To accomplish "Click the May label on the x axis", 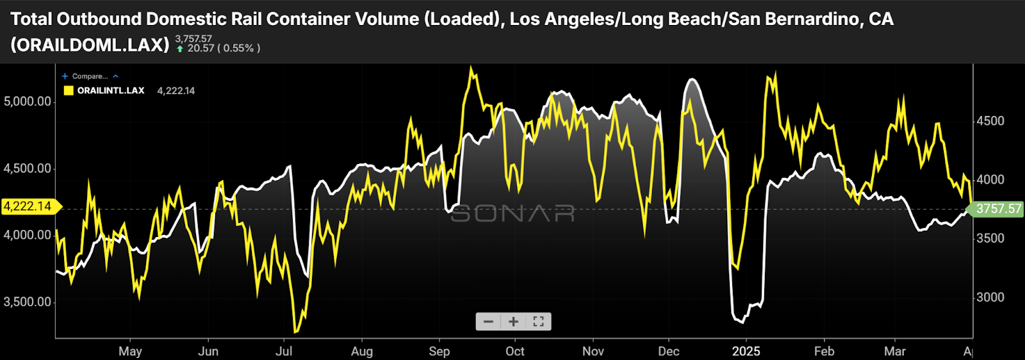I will point(130,351).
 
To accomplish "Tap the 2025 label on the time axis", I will point(746,351).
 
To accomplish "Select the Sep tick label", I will point(439,351).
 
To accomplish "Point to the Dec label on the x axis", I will point(668,351).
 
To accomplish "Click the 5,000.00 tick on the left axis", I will point(28,101).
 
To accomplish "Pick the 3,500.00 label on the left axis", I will point(28,302).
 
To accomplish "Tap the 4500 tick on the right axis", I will point(990,121).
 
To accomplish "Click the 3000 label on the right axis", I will point(990,297).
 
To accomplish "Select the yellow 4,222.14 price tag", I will point(29,206).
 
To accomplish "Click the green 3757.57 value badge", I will point(998,209).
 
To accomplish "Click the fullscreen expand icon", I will point(538,322).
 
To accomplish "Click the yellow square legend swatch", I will point(69,90).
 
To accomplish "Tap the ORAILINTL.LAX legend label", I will point(111,90).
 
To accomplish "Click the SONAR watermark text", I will point(512,213).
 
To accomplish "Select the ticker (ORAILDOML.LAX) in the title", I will point(90,44).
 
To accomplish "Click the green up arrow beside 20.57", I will point(180,49).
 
